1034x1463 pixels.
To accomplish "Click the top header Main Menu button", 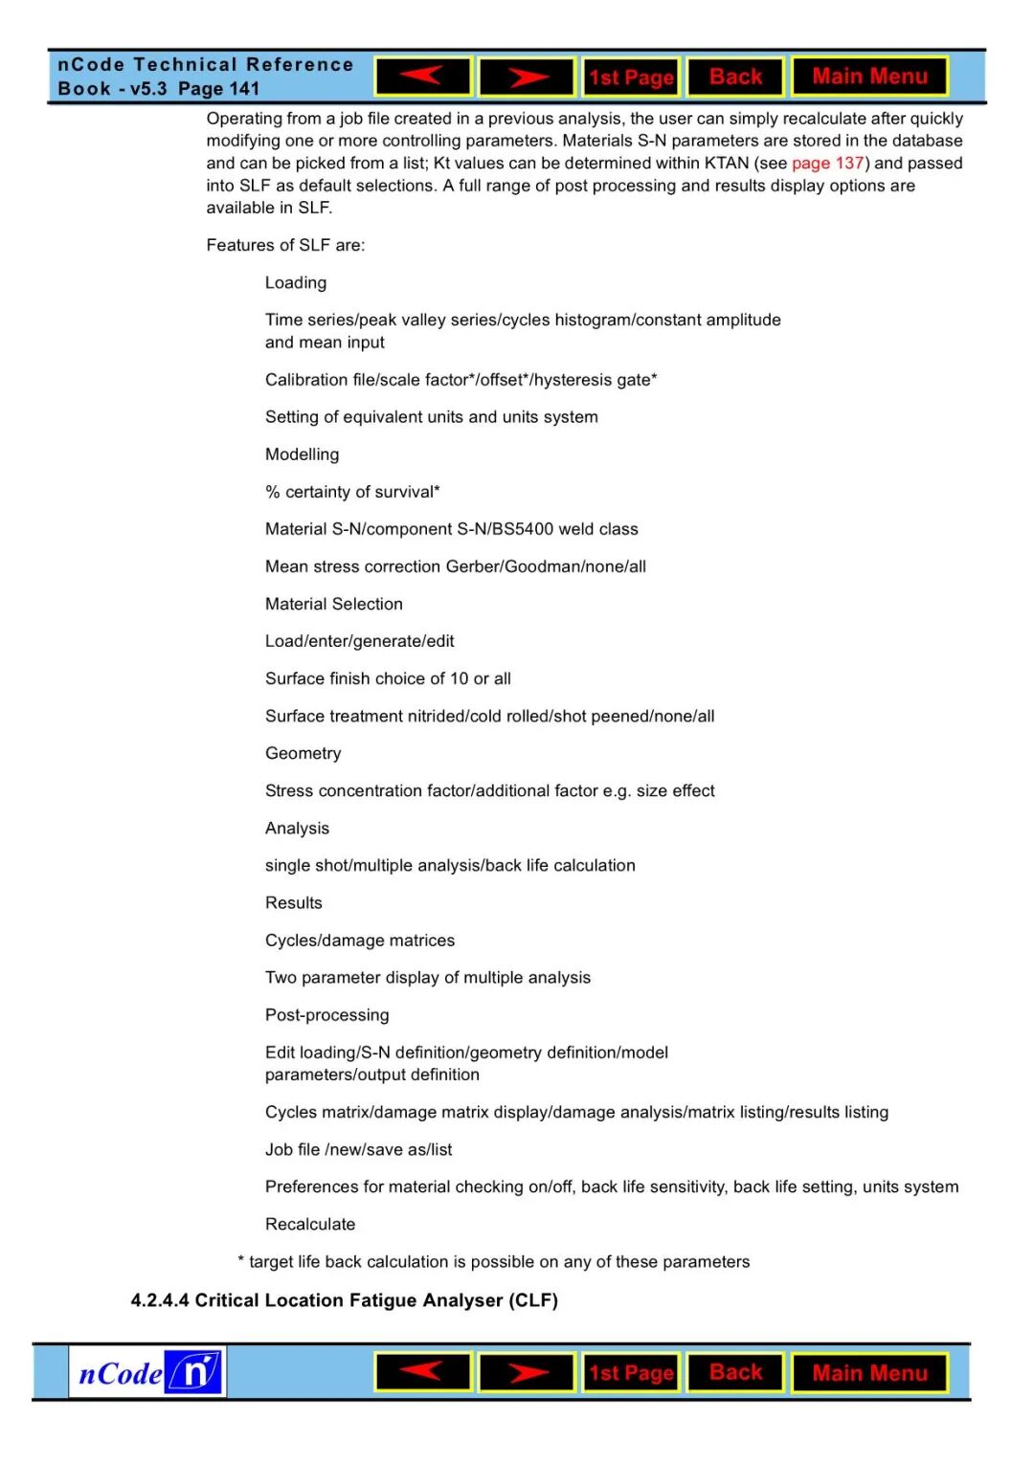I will tap(869, 77).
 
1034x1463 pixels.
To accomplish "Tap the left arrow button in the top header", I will tap(423, 77).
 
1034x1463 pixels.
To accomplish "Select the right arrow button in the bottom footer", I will tap(527, 1373).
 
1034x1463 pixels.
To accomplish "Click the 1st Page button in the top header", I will tap(631, 78).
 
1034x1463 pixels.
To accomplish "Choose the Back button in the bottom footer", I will tap(735, 1372).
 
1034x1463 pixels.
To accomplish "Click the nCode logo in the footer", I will tap(148, 1373).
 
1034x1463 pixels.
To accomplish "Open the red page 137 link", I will tap(827, 164).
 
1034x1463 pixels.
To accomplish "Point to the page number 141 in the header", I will tap(244, 89).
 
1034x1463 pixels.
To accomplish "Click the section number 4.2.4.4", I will tap(160, 1300).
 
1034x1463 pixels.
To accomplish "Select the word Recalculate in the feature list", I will tap(310, 1225).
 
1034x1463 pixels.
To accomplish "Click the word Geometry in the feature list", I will tap(303, 754).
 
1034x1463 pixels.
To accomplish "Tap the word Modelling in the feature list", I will tap(302, 454).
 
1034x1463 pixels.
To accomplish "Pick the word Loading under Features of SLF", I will tap(296, 283).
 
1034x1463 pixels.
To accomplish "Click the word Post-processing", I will tap(326, 1015).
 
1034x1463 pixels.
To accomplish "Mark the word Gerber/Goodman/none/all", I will tap(546, 566).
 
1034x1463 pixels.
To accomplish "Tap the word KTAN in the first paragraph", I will tap(727, 164).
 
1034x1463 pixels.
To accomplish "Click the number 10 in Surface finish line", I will tap(459, 679).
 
